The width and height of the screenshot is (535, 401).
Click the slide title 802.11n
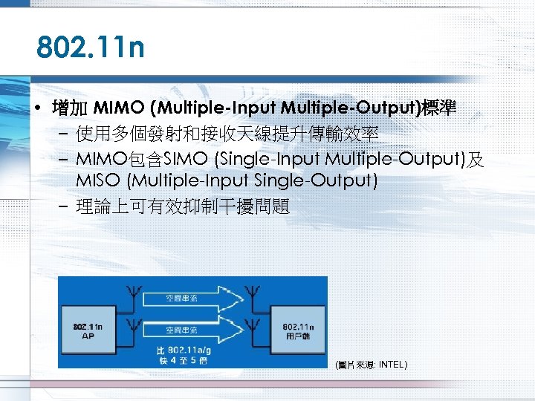click(91, 50)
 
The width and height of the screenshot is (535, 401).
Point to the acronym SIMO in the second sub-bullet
click(180, 159)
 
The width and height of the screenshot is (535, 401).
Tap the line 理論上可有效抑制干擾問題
click(183, 206)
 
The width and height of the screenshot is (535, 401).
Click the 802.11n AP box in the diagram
click(88, 330)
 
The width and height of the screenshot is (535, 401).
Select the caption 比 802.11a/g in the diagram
click(182, 349)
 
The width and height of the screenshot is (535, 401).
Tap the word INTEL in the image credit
click(392, 365)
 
